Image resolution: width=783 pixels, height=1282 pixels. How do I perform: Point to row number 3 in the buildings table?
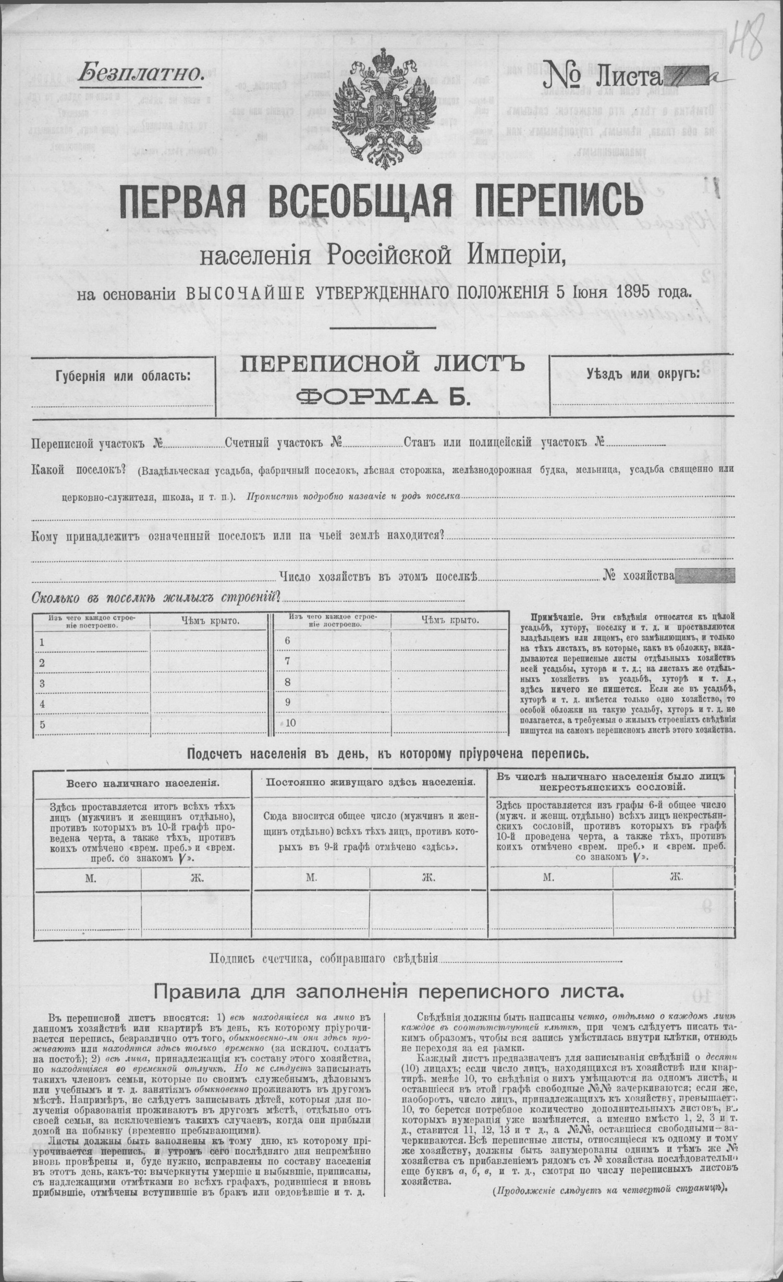click(x=42, y=684)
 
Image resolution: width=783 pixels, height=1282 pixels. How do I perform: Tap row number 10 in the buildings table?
click(x=290, y=723)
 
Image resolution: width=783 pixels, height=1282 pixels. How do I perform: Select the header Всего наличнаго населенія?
click(x=142, y=783)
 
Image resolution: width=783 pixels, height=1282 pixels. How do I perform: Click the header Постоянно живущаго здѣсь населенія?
click(x=370, y=782)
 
